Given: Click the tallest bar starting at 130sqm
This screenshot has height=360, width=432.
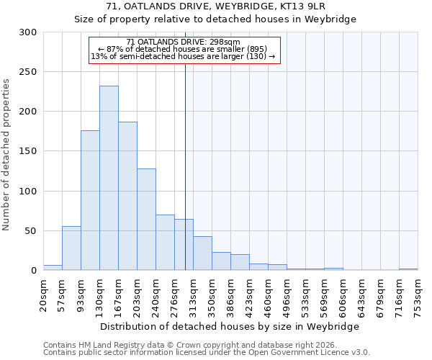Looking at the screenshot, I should [x=109, y=178].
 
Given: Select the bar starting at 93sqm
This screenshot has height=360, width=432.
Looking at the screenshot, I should [x=90, y=200].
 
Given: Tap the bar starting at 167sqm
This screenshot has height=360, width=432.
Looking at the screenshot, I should [x=127, y=196].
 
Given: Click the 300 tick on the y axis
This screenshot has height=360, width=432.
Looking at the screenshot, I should [x=28, y=32].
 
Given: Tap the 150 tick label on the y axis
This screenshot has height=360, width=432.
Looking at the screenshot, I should [x=28, y=151].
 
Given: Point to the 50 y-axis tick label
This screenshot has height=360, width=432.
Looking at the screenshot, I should [x=31, y=231].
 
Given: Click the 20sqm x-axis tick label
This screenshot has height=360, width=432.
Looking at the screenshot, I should [x=44, y=294].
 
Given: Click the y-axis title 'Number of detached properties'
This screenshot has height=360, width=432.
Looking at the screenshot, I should [x=7, y=155].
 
